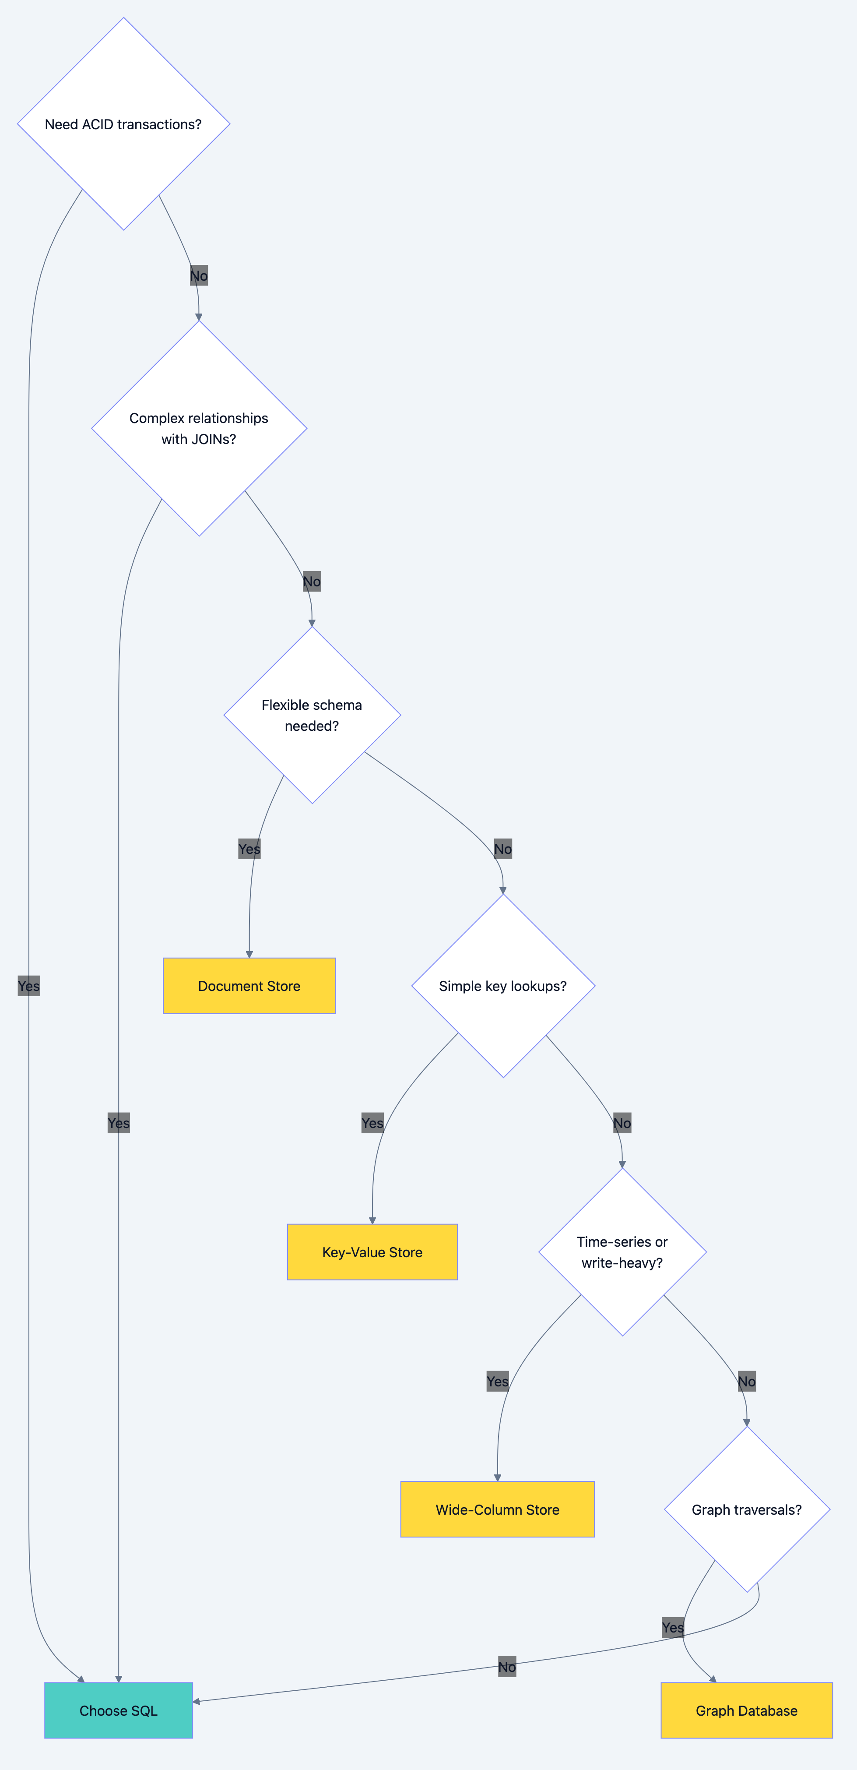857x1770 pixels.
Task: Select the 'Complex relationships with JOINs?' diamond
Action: [199, 428]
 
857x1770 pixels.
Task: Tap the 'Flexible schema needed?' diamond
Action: [312, 715]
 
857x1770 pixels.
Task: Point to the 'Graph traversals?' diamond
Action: [746, 1509]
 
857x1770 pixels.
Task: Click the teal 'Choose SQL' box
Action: [118, 1710]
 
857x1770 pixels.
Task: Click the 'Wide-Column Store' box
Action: [497, 1509]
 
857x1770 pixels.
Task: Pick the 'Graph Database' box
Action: [746, 1710]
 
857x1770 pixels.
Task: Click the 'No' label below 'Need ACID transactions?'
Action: [198, 275]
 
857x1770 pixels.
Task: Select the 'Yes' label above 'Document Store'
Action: [249, 849]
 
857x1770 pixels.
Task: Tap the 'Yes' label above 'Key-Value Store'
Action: [372, 1123]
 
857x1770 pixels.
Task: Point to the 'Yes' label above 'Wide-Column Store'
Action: [497, 1381]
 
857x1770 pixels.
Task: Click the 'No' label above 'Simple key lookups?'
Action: [502, 849]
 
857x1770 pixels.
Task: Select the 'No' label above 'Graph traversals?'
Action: [746, 1381]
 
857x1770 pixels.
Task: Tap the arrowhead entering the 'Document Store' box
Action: [249, 954]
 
